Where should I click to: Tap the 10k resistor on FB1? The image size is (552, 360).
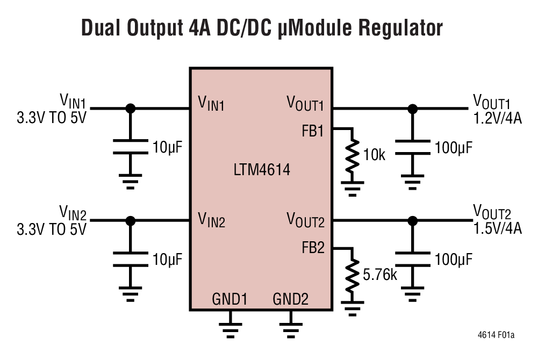tap(353, 157)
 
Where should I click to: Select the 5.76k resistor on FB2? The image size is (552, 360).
tap(353, 276)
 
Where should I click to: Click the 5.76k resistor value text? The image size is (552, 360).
tap(379, 276)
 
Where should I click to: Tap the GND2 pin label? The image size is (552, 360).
tap(291, 299)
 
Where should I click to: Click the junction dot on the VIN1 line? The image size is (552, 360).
tap(130, 109)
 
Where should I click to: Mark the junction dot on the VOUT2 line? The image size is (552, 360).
tap(412, 220)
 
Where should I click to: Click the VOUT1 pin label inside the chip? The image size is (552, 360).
tap(305, 103)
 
